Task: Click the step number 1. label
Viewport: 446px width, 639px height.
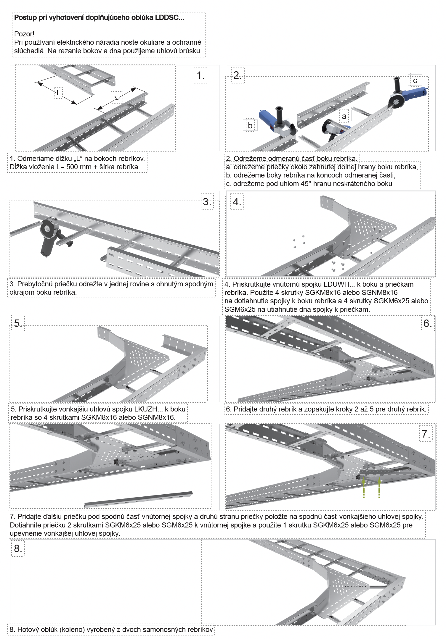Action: pos(201,75)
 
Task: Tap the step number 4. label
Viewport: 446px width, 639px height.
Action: pos(237,202)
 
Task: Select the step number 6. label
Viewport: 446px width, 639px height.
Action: pos(427,323)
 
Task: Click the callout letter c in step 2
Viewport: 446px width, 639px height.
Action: pos(415,80)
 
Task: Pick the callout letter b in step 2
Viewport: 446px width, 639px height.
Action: pos(250,125)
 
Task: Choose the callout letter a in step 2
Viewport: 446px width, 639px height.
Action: pos(344,116)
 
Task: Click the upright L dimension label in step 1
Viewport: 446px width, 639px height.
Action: pos(59,93)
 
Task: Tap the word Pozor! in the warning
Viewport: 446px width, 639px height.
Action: pos(24,34)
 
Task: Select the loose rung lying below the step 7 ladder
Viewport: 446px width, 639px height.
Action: pos(138,500)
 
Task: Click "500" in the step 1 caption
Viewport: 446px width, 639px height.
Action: pos(72,167)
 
